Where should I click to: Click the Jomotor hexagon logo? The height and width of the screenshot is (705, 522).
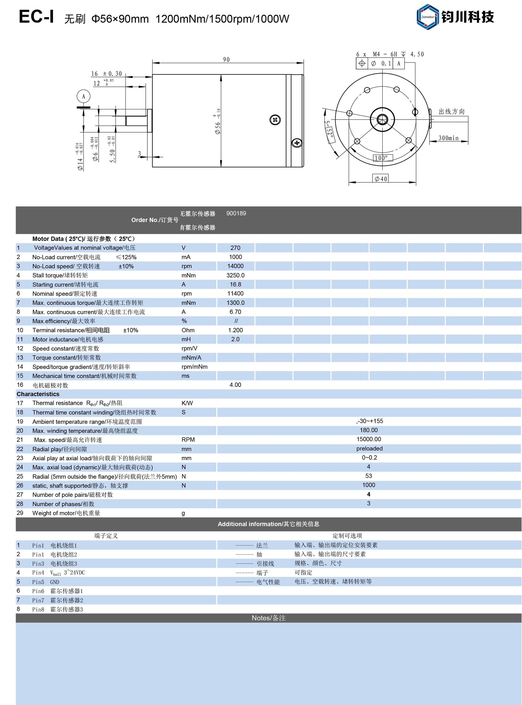(427, 17)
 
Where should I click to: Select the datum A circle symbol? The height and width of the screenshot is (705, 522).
(83, 96)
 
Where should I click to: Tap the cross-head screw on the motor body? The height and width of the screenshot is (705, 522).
(275, 120)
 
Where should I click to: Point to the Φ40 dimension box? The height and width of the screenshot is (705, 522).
(381, 179)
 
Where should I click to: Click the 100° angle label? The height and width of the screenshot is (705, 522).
(383, 158)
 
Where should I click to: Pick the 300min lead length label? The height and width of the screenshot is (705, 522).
(448, 138)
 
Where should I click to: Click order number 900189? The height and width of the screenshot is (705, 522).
(236, 214)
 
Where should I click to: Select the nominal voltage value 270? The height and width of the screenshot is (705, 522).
(235, 248)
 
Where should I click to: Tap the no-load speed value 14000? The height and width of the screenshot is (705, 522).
(235, 266)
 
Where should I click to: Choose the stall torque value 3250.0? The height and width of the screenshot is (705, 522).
(235, 275)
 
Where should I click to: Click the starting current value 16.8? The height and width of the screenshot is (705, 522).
(235, 284)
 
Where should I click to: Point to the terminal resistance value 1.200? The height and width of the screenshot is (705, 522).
(235, 330)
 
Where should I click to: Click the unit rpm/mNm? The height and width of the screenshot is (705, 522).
(194, 367)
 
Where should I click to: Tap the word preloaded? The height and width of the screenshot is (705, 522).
(369, 449)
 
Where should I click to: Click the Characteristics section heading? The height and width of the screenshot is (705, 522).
(38, 394)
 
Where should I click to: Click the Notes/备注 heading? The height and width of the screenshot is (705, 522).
(268, 618)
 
